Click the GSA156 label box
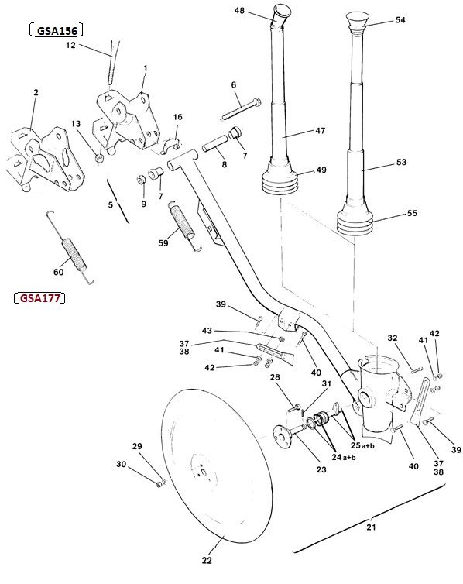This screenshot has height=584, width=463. [56, 30]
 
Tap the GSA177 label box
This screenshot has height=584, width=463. [39, 298]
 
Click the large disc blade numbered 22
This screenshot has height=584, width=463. [217, 465]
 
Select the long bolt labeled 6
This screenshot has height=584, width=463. [242, 108]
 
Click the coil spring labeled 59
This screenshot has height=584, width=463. [183, 223]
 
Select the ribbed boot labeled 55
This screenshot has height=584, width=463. [355, 222]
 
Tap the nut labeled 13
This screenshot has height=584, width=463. [99, 158]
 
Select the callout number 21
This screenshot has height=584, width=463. [371, 527]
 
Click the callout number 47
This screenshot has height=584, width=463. [320, 131]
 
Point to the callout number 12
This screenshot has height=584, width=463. [70, 45]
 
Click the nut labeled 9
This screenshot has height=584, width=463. [140, 180]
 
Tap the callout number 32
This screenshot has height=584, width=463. [393, 338]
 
